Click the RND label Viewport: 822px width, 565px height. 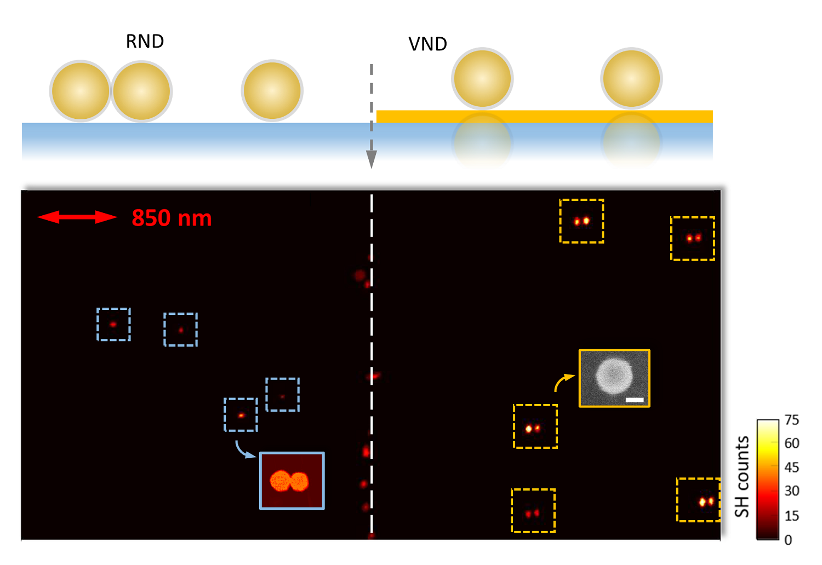click(145, 42)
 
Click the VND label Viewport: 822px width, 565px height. click(427, 44)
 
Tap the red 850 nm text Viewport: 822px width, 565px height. click(172, 218)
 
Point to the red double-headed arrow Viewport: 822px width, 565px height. click(77, 217)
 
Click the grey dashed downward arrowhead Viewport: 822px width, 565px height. click(371, 158)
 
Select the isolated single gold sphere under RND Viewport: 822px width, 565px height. click(272, 90)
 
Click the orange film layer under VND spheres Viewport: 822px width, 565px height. click(544, 116)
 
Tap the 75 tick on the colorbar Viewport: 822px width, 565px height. click(791, 420)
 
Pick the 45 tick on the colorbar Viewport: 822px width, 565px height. click(791, 467)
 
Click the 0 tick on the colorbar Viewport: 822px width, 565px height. click(788, 540)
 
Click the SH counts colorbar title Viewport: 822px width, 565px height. click(742, 476)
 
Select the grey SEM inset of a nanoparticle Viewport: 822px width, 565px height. click(614, 378)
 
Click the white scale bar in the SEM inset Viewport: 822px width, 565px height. click(635, 400)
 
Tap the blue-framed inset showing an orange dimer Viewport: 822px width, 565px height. click(292, 481)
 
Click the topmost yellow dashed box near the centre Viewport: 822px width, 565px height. click(581, 221)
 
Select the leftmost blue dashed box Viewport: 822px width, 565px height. click(113, 324)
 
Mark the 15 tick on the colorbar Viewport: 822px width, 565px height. click(791, 516)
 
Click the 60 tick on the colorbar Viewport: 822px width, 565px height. click(791, 443)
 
